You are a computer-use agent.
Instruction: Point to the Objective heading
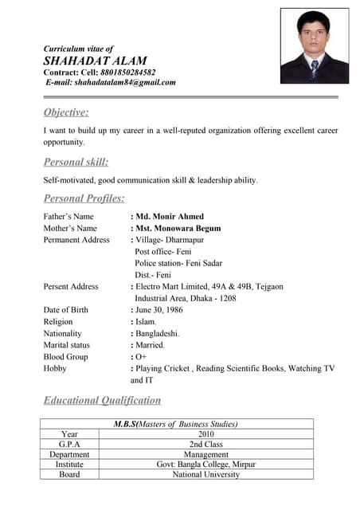pyautogui.click(x=66, y=112)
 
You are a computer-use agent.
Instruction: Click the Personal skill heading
pyautogui.click(x=76, y=162)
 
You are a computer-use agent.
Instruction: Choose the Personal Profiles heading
pyautogui.click(x=84, y=198)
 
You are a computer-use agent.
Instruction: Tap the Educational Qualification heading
pyautogui.click(x=102, y=400)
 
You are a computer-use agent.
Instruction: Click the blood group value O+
pyautogui.click(x=141, y=357)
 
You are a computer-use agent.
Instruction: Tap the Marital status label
pyautogui.click(x=67, y=345)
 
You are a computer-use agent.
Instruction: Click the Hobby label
pyautogui.click(x=55, y=369)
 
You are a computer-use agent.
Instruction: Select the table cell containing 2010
pyautogui.click(x=206, y=434)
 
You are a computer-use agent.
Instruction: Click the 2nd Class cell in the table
pyautogui.click(x=206, y=445)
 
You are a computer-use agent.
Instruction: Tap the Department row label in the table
pyautogui.click(x=69, y=454)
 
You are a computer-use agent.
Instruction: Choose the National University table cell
pyautogui.click(x=206, y=474)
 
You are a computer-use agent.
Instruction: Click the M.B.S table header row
pyautogui.click(x=176, y=424)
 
